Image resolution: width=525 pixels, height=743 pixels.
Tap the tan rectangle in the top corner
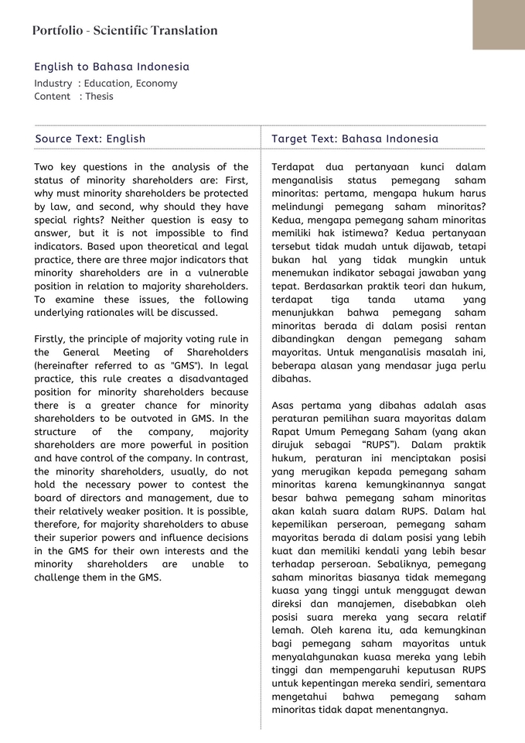tap(498, 25)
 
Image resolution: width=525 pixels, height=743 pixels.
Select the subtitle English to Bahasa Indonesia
tap(111, 67)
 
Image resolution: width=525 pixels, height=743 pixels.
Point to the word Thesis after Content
tap(99, 97)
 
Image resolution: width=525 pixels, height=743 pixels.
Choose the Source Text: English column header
tap(90, 139)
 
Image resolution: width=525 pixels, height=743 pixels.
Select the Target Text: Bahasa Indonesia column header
tap(354, 139)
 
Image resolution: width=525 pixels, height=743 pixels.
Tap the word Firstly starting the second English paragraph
tap(53, 338)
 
